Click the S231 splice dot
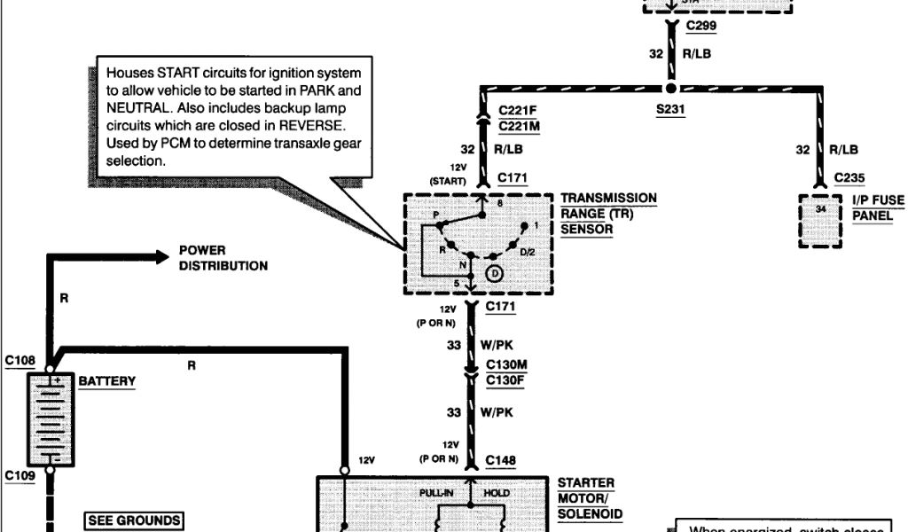[670, 89]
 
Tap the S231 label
[671, 111]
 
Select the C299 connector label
[701, 27]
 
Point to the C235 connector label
[849, 177]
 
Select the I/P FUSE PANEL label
[878, 207]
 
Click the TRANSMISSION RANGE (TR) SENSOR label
[608, 213]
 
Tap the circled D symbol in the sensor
[495, 274]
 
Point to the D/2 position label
[528, 254]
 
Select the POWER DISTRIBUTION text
[223, 258]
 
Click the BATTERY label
[107, 381]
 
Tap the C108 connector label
[20, 361]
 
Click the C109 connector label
[20, 476]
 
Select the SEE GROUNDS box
[134, 520]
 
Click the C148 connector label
[501, 461]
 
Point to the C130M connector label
[507, 365]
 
